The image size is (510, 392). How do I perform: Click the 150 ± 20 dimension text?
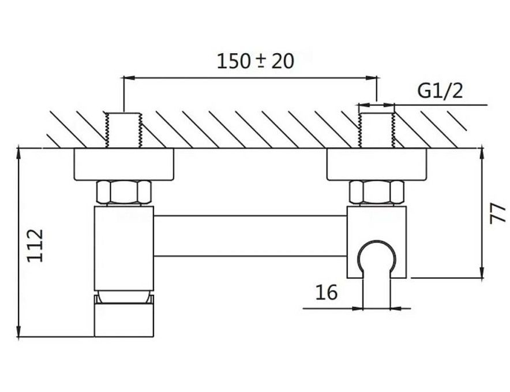255,61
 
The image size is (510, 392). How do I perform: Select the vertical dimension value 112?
36,245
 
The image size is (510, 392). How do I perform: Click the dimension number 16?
326,293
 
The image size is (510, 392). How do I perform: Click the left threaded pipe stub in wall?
123,130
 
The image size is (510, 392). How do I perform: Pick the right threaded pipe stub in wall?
376,130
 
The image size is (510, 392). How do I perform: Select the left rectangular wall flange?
123,165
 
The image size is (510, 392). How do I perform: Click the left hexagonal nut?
125,192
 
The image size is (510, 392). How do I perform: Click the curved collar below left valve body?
125,296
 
